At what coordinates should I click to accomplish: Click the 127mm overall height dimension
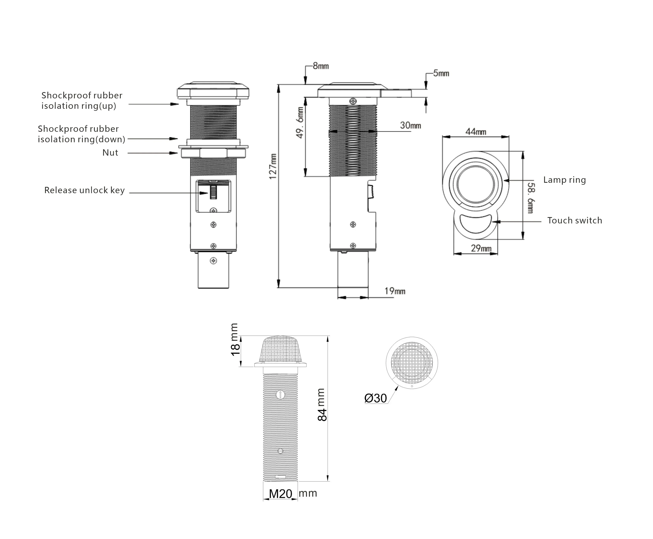(x=272, y=166)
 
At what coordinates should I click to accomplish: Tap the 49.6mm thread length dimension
(x=300, y=122)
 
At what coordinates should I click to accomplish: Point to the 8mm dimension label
(x=321, y=66)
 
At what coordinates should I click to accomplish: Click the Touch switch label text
(x=574, y=220)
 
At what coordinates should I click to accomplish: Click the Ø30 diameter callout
(x=376, y=398)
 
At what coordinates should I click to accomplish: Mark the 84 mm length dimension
(x=322, y=405)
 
